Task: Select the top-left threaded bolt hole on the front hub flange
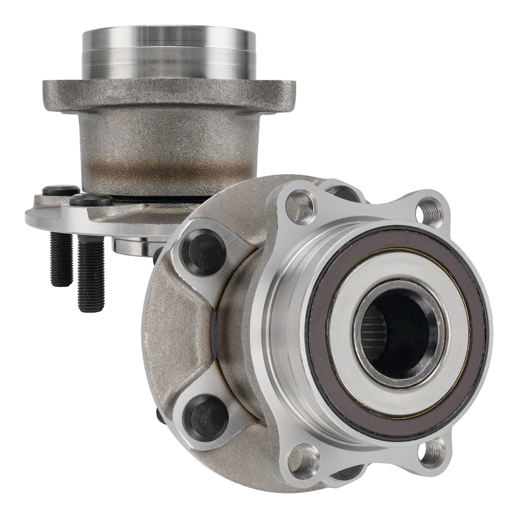click(x=301, y=206)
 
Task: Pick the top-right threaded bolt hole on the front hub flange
click(x=429, y=211)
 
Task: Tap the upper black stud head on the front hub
click(x=203, y=252)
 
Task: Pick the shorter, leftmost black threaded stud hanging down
click(x=61, y=259)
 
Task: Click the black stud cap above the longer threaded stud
click(x=91, y=200)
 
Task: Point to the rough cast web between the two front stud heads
click(x=181, y=332)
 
